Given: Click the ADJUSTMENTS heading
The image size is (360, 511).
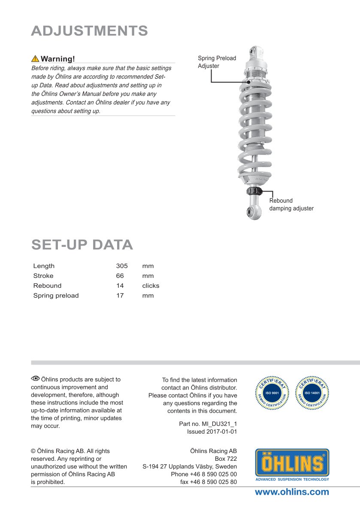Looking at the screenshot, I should click(90, 31).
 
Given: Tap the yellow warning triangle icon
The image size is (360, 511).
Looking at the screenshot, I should click(35, 59).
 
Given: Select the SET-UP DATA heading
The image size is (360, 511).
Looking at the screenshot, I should click(82, 245).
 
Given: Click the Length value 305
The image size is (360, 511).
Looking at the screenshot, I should click(122, 266).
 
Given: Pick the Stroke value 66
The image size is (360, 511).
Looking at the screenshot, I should click(120, 276).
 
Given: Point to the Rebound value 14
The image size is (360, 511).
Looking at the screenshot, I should click(120, 286).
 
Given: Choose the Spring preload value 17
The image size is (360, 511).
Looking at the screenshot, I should click(120, 295).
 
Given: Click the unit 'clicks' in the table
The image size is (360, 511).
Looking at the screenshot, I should click(151, 286).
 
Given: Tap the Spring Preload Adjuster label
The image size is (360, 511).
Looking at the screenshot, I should click(217, 62).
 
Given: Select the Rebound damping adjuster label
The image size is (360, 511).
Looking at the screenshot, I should click(291, 204).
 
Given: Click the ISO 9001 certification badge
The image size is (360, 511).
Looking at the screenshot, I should click(272, 392).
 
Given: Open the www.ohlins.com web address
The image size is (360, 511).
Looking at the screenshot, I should click(292, 492).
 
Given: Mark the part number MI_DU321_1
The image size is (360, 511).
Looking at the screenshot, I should click(208, 424).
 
